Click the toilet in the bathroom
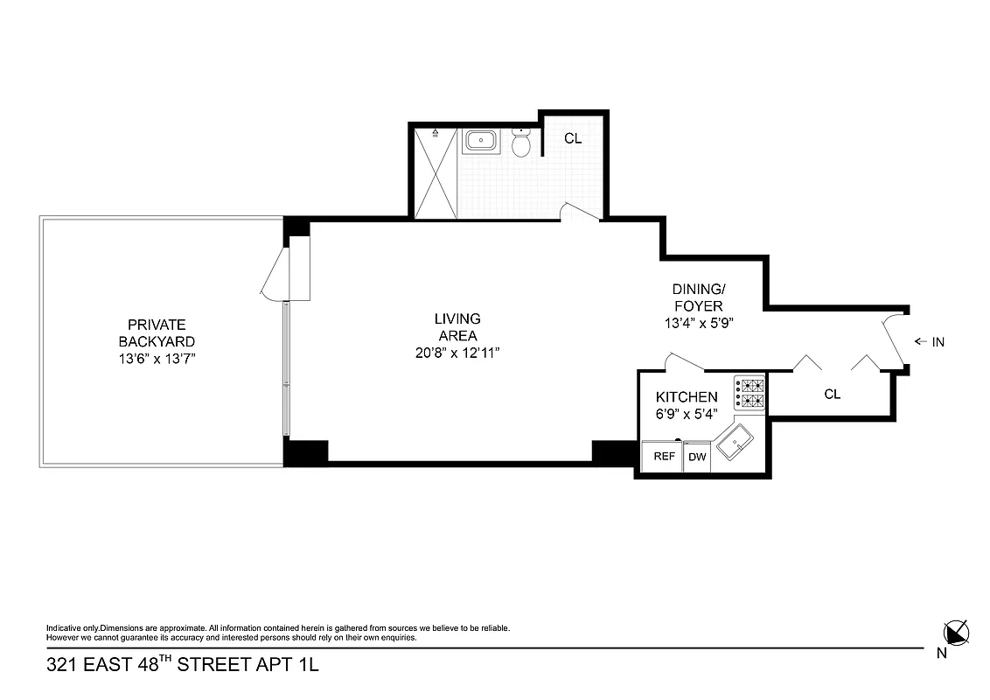coord(521,143)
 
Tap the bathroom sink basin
coord(479,141)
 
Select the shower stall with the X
coord(435,171)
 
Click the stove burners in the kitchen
coord(749,394)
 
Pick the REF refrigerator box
coord(663,457)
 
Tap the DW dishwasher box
coord(697,457)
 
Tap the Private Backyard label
coord(157,332)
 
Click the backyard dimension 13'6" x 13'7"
coord(157,359)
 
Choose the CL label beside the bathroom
coord(573,138)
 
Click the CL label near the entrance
coord(832,395)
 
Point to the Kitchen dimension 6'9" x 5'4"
coord(687,415)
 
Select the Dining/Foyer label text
coord(697,297)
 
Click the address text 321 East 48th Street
coord(183,665)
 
